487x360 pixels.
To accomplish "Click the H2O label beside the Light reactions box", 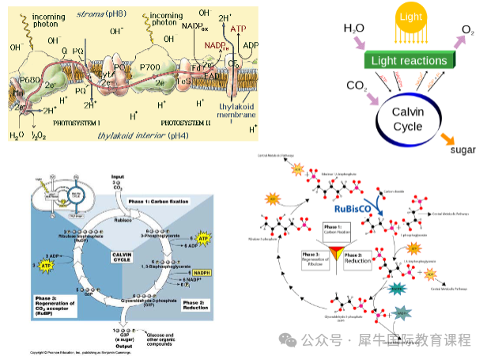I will pos(354,28).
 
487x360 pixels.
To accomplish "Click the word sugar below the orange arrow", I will pos(462,150).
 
